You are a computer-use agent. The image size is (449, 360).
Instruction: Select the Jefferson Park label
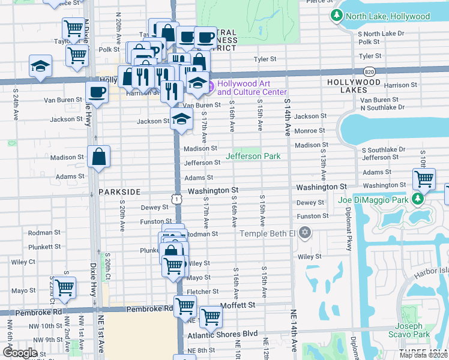coord(253,156)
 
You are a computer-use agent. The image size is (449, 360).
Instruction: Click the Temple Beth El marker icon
coord(305,233)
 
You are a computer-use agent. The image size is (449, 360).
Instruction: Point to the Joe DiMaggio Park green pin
coord(417,199)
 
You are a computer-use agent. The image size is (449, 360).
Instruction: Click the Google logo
coord(20,353)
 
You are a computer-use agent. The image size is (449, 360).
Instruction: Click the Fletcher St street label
coord(202,292)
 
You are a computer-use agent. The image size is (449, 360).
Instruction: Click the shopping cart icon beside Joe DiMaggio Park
coord(424,178)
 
